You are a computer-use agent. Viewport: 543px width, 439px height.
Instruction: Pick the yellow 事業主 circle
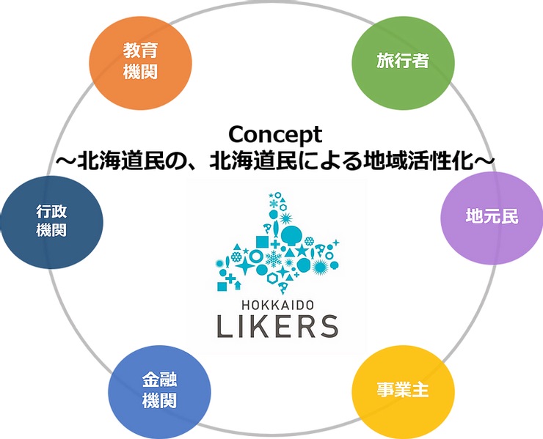tap(401, 389)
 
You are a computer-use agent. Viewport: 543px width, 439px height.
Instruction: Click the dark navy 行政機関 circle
tap(51, 220)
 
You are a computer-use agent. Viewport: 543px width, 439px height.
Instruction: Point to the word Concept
tap(275, 134)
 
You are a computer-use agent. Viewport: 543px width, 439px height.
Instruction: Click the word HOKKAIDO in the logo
tap(277, 302)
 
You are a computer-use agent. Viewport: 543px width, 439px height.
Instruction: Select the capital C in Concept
tap(236, 134)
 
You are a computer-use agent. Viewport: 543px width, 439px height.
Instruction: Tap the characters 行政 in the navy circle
tap(51, 211)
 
